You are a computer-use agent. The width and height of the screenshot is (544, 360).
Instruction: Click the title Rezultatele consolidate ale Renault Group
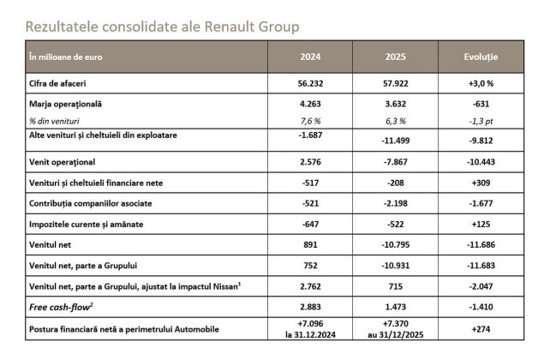[x=163, y=27]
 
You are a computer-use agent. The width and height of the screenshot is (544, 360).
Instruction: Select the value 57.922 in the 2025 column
[x=395, y=83]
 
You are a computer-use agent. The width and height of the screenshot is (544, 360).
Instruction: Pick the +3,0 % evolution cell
[x=480, y=83]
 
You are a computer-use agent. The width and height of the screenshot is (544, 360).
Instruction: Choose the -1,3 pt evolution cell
[x=480, y=121]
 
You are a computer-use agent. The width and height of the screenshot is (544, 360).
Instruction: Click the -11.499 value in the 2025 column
[x=395, y=139]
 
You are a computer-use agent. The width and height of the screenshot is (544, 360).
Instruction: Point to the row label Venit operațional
[x=62, y=161]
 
